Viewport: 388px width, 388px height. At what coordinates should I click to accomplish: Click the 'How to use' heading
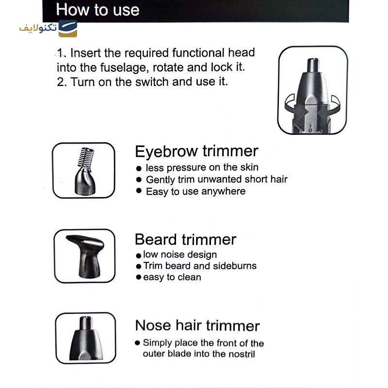point(97,10)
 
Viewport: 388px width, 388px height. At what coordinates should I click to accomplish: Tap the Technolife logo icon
point(67,29)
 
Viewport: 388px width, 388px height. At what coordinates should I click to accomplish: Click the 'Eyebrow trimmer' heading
point(196,151)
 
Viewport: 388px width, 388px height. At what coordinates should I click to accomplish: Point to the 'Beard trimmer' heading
point(186,239)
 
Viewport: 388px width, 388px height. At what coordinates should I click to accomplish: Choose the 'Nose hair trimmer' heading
point(197,325)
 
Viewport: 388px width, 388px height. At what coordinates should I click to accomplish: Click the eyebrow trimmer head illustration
point(85,171)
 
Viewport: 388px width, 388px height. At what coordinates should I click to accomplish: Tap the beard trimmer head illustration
point(85,256)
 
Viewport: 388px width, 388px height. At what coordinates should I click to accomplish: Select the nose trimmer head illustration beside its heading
point(86,338)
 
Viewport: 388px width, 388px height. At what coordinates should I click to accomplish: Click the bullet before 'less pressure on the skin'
point(139,168)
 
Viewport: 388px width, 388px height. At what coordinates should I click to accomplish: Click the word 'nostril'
point(242,354)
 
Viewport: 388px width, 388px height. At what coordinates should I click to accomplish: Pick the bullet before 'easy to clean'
point(139,277)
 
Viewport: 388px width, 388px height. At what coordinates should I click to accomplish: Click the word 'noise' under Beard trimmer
point(172,254)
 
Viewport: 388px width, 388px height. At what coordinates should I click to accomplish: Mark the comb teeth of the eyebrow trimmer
point(85,157)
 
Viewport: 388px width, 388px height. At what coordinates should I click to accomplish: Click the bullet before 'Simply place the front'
point(137,343)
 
